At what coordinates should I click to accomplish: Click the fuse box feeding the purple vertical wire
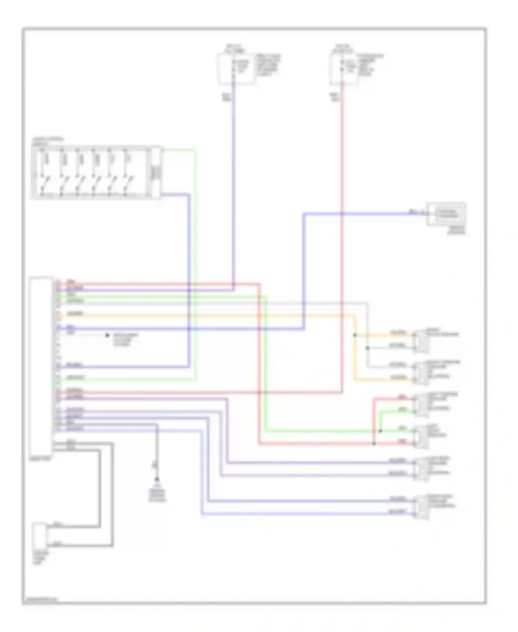pos(236,69)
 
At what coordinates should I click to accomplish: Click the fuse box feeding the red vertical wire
pos(344,69)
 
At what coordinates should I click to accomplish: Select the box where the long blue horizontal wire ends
pos(446,214)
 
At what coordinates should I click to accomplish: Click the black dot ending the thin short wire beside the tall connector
pos(107,335)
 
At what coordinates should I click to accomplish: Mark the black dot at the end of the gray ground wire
pos(157,479)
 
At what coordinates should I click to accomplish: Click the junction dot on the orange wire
pos(355,335)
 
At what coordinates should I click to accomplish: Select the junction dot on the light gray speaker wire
pos(367,348)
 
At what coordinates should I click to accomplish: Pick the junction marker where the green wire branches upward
pos(380,431)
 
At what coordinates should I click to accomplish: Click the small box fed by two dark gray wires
pos(40,537)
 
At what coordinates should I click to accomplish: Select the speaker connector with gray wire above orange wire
pos(421,373)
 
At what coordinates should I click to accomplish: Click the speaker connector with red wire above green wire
pos(421,404)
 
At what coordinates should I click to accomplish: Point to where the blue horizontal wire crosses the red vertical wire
pos(342,214)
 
